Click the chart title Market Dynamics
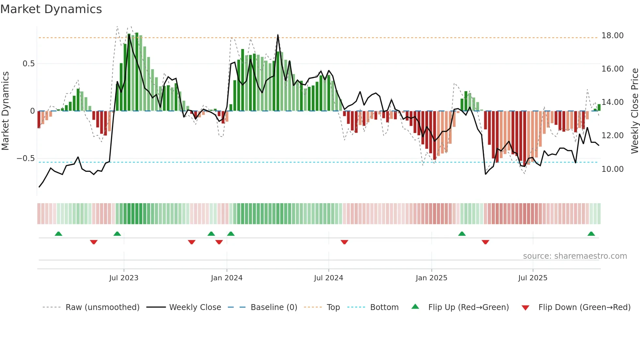[x=51, y=9]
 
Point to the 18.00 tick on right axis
[x=612, y=36]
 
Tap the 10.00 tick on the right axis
[x=612, y=169]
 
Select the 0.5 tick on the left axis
[x=29, y=64]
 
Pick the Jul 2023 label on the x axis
[x=124, y=278]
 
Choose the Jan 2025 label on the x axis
[x=431, y=278]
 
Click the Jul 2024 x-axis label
[x=328, y=278]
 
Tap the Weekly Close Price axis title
[x=634, y=111]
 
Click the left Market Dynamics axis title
[x=5, y=111]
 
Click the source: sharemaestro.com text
[x=575, y=256]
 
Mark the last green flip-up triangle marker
[x=591, y=234]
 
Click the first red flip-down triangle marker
[x=94, y=242]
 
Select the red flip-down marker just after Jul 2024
[x=344, y=242]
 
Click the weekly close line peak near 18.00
[x=278, y=35]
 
